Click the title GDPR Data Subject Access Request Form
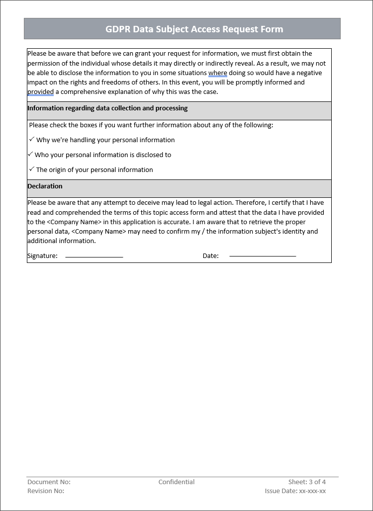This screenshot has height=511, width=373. click(x=194, y=29)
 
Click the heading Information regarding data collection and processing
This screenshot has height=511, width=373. click(x=107, y=108)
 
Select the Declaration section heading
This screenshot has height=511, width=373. click(x=45, y=186)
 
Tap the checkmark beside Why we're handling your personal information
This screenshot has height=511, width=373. click(x=31, y=140)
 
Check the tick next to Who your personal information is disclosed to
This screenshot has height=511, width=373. click(x=30, y=155)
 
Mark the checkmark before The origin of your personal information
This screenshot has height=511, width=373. click(x=31, y=170)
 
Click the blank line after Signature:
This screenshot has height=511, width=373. click(x=94, y=256)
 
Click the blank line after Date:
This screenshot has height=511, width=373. click(x=263, y=256)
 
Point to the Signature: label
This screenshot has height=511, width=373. click(x=42, y=256)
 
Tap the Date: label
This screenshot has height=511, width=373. click(x=210, y=256)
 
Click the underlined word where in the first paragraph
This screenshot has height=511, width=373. click(x=217, y=73)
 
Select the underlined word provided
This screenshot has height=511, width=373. click(x=40, y=92)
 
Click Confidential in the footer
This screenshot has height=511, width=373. click(x=177, y=482)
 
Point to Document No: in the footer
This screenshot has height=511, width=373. click(x=49, y=482)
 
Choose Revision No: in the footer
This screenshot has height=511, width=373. click(x=46, y=491)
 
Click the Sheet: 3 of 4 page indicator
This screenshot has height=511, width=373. click(x=307, y=482)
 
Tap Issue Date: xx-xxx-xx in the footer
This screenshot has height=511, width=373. click(x=295, y=491)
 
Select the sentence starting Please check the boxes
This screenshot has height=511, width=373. click(x=151, y=125)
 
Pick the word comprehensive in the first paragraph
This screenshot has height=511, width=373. click(x=83, y=92)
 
